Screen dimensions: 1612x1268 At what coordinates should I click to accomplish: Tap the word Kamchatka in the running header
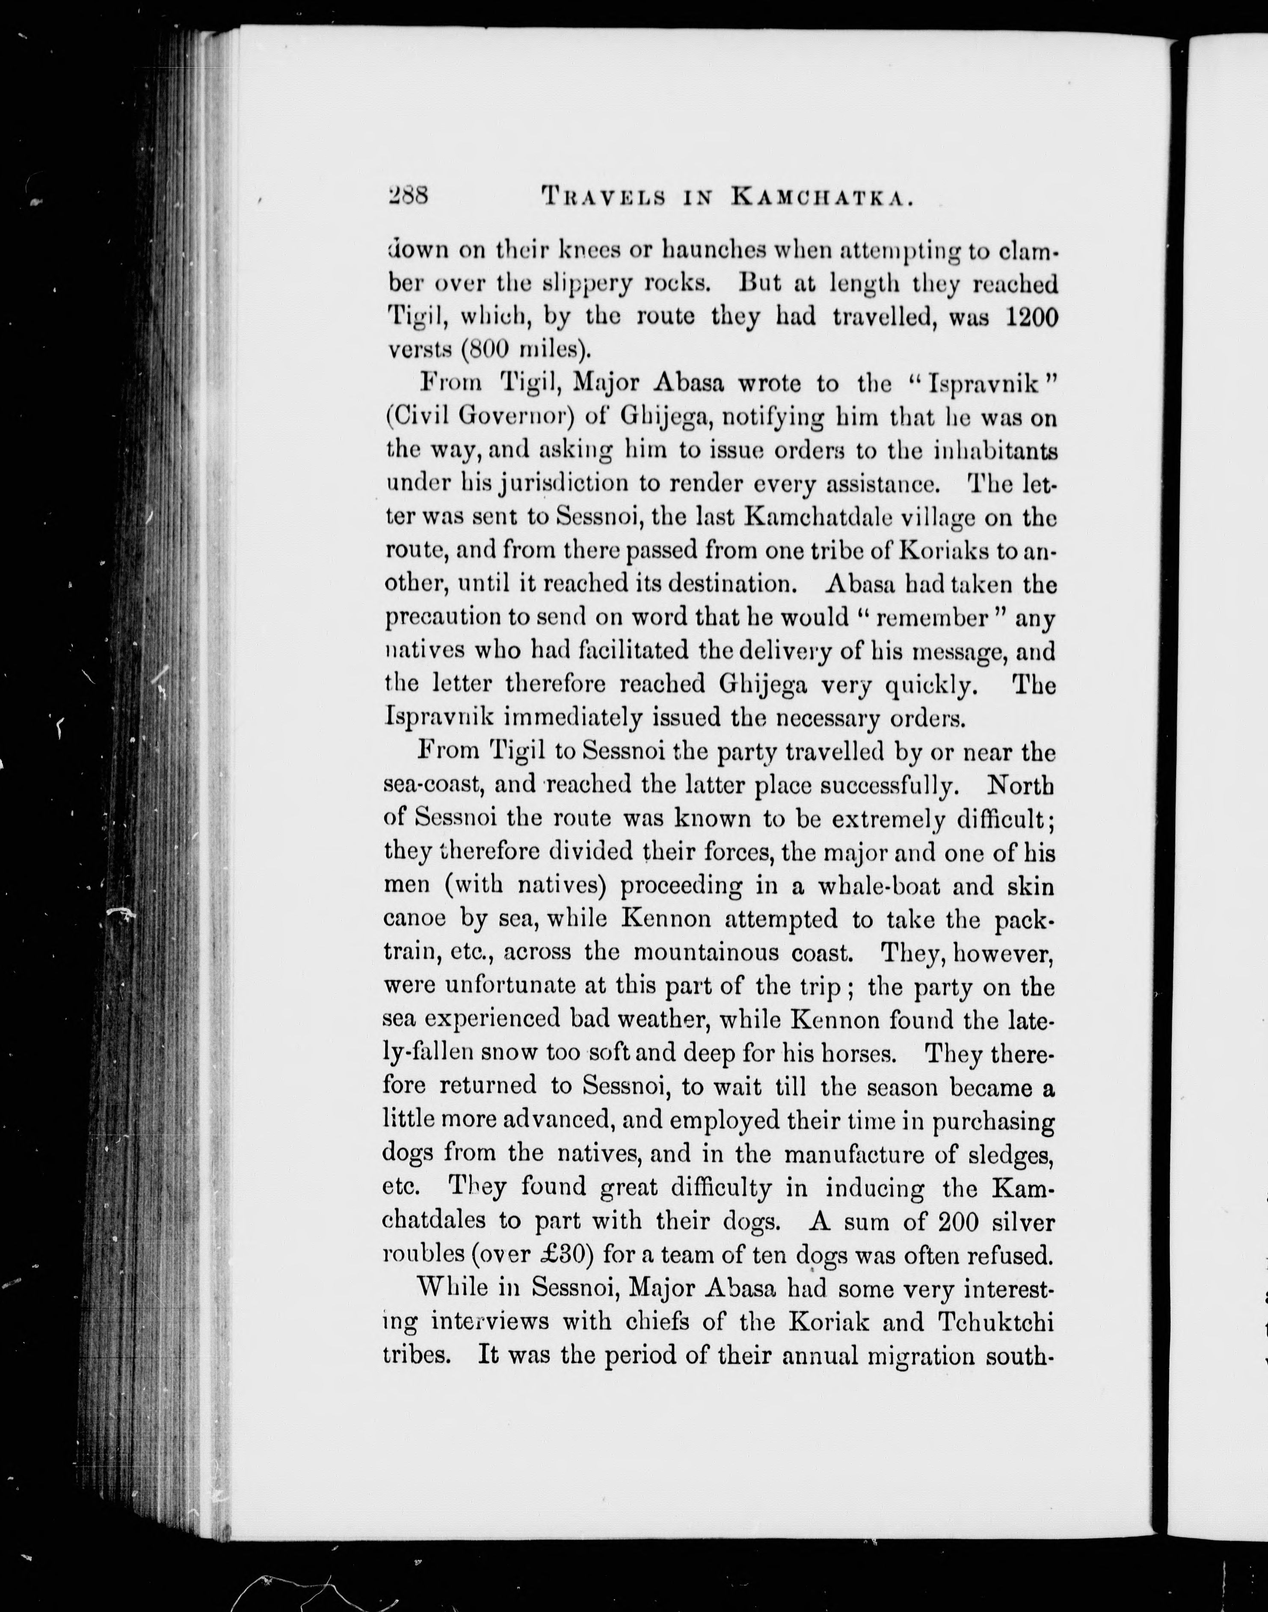click(821, 198)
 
